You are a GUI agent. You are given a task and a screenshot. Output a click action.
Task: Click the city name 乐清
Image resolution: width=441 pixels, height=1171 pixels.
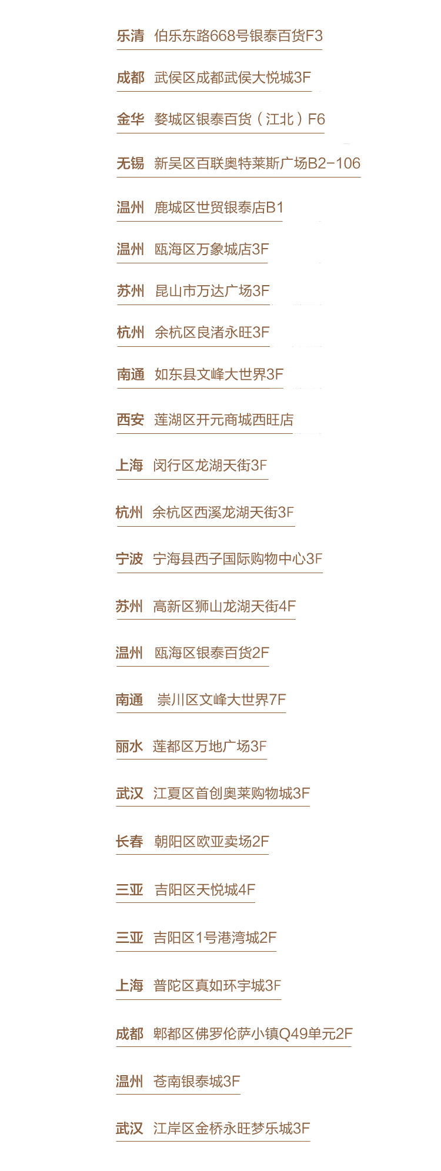130,36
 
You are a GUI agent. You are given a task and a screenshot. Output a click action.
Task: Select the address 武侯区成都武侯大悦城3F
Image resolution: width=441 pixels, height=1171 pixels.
232,78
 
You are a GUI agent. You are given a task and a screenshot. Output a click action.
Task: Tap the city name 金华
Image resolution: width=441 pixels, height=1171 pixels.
130,120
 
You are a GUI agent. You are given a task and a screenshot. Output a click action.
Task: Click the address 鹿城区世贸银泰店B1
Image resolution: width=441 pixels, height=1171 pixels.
219,208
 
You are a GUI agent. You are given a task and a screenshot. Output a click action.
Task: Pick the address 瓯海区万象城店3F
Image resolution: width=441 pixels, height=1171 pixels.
212,250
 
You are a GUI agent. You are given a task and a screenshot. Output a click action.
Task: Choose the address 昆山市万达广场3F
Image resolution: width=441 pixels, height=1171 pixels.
212,292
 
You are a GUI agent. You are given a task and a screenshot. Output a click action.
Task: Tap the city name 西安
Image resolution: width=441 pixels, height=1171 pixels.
130,420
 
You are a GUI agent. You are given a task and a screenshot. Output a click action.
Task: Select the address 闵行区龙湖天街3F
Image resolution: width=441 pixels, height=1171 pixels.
210,466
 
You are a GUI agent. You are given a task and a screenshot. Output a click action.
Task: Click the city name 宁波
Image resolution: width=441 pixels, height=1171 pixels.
129,559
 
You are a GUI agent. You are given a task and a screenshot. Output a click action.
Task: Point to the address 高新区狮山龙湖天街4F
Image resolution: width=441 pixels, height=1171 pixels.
224,607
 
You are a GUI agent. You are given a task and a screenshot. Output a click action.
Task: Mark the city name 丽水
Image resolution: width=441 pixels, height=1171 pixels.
129,747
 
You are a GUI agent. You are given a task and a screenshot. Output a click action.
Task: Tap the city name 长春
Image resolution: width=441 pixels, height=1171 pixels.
129,842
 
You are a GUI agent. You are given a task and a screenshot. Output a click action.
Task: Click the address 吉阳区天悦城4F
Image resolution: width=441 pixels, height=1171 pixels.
205,890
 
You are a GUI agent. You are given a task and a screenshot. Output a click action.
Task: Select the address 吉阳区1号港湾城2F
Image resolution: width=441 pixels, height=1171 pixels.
215,938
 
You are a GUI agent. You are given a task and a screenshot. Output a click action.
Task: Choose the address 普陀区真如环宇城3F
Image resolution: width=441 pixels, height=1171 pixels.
217,986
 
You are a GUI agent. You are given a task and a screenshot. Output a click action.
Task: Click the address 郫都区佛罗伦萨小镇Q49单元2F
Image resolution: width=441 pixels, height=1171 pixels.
253,1034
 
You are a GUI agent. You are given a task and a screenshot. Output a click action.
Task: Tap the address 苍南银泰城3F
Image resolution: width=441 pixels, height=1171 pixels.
196,1082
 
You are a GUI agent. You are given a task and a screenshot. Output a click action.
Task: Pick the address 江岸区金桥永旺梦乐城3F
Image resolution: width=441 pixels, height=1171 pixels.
231,1129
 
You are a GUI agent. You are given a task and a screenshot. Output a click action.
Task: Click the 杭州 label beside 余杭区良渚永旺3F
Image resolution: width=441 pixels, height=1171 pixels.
130,333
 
